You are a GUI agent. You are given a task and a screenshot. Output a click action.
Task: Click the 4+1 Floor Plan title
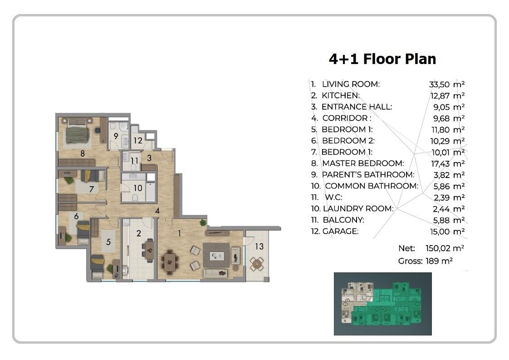[382, 59]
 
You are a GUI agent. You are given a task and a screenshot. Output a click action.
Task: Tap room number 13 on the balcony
[259, 247]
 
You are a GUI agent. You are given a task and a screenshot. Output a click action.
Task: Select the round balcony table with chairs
[257, 263]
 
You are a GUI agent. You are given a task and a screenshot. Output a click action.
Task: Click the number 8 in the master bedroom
[83, 153]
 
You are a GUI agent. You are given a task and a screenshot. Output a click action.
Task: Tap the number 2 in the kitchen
[139, 233]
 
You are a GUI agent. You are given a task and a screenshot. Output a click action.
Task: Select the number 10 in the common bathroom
[138, 188]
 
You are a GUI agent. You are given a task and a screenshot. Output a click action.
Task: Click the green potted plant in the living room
[203, 222]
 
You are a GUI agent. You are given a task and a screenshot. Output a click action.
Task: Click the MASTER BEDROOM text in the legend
[363, 163]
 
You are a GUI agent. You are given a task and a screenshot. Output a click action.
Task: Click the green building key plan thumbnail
[383, 304]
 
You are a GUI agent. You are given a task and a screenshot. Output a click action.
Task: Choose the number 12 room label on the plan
[138, 140]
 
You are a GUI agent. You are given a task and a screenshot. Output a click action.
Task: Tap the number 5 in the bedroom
[108, 242]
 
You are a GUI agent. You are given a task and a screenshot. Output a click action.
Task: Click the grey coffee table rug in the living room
[216, 256]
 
